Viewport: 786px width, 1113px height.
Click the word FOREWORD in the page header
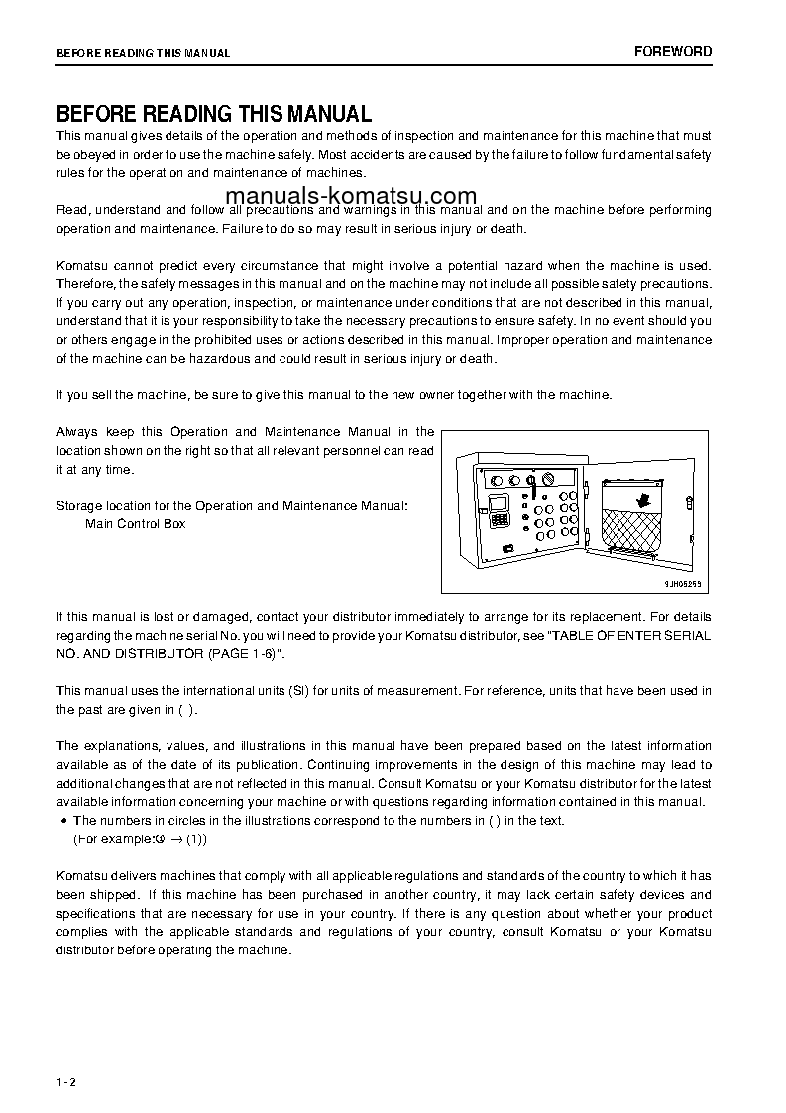pyautogui.click(x=673, y=52)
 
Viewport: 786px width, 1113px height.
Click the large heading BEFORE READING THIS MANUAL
pyautogui.click(x=213, y=114)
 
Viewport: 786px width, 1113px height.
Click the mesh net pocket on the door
pyautogui.click(x=636, y=536)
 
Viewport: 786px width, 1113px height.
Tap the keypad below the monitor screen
pyautogui.click(x=501, y=521)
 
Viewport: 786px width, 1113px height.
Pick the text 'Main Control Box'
pyautogui.click(x=135, y=523)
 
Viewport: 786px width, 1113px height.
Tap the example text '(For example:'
pyautogui.click(x=113, y=838)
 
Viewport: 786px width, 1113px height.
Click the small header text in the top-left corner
pyautogui.click(x=143, y=54)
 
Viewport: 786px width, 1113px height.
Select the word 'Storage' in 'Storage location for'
pyautogui.click(x=77, y=505)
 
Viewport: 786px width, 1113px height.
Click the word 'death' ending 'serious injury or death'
pyautogui.click(x=476, y=359)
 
